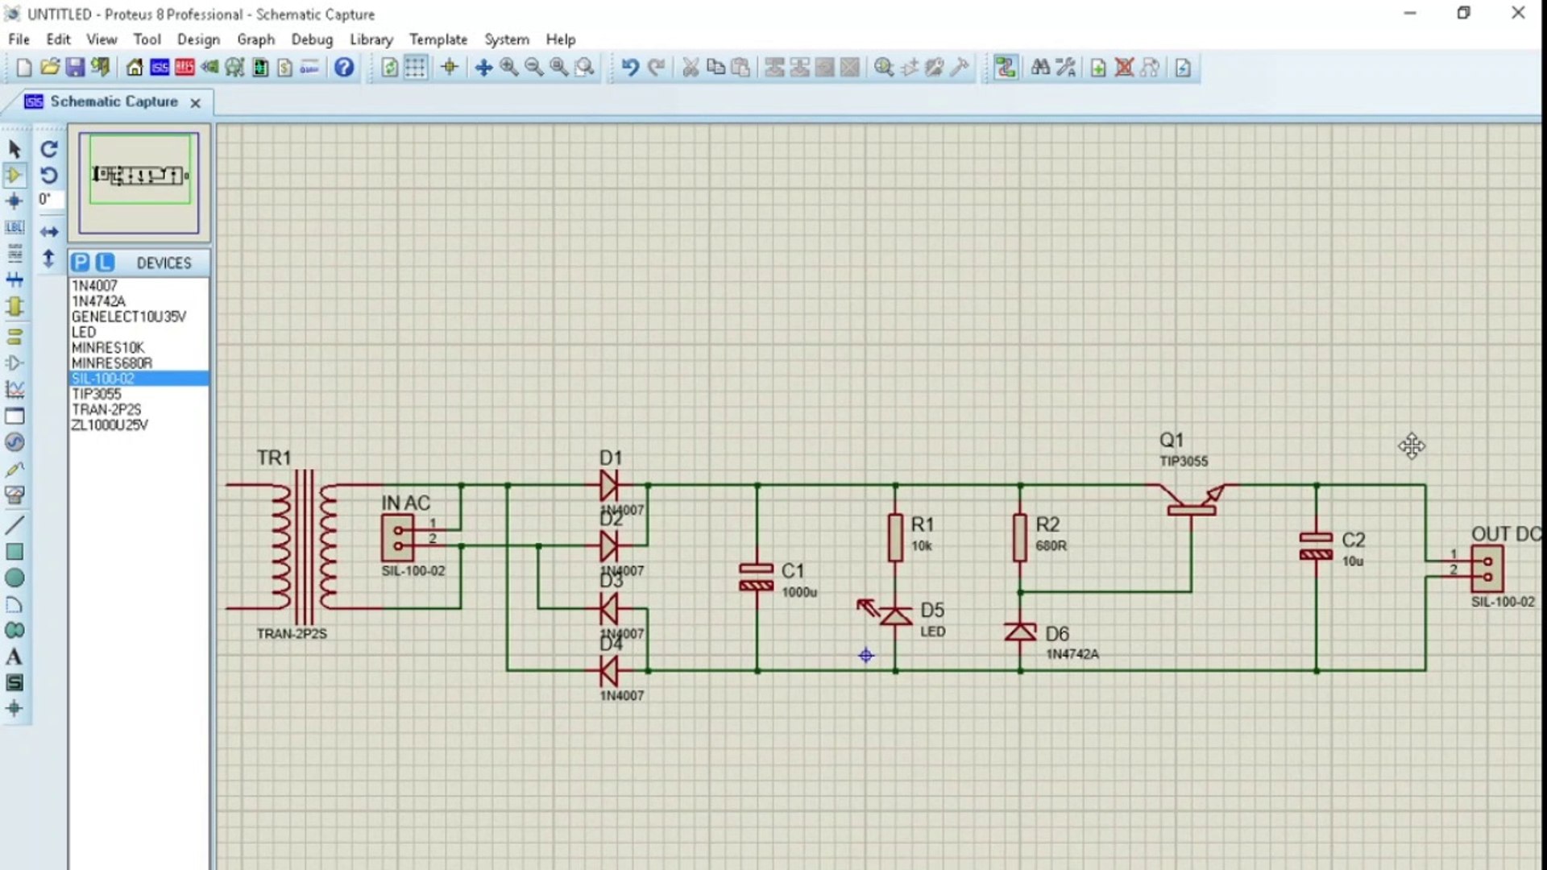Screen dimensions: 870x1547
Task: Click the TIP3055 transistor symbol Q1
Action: (1192, 499)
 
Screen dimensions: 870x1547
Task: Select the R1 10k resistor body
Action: (895, 537)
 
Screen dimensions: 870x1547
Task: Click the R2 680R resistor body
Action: (1020, 537)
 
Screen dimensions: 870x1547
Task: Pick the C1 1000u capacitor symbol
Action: (757, 577)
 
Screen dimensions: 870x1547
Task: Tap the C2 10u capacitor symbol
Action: (1316, 545)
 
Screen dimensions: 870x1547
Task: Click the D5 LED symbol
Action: (895, 616)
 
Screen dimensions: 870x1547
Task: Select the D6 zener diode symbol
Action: (1020, 632)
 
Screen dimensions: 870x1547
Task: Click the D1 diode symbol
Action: (609, 486)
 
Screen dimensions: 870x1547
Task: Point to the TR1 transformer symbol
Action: (304, 546)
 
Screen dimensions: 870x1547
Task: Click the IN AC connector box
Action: (397, 538)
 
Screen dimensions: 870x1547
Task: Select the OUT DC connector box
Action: (1487, 569)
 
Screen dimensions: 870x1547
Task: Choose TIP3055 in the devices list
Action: (97, 394)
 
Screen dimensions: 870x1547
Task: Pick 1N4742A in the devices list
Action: (98, 301)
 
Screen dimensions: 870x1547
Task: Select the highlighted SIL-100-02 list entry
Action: (103, 379)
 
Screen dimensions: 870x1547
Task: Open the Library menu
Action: (371, 39)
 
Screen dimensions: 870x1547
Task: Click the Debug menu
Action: (312, 39)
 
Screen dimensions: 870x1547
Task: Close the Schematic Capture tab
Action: (195, 102)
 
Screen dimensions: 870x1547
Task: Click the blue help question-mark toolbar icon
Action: (344, 68)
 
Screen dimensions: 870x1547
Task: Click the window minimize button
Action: (1410, 14)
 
